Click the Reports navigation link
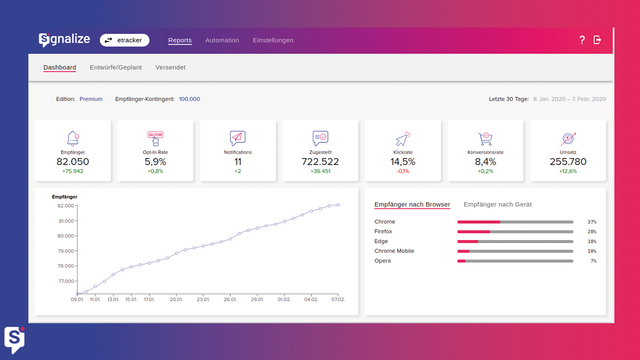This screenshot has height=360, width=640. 180,40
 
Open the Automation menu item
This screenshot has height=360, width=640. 222,40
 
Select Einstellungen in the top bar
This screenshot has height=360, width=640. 273,40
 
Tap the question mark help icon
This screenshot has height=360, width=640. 582,40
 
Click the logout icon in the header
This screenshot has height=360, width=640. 597,40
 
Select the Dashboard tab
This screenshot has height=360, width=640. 60,68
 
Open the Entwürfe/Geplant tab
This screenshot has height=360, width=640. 115,68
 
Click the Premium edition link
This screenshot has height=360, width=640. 91,99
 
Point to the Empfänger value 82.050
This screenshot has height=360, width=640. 73,161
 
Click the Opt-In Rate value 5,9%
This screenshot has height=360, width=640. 155,161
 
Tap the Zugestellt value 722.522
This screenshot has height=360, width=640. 320,161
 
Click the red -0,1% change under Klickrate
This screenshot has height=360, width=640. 402,171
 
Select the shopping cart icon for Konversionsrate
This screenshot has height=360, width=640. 485,138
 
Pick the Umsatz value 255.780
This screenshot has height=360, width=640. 568,161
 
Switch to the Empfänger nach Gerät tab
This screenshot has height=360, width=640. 498,204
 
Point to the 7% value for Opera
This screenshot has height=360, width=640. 593,261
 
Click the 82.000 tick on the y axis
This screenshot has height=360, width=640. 67,205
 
